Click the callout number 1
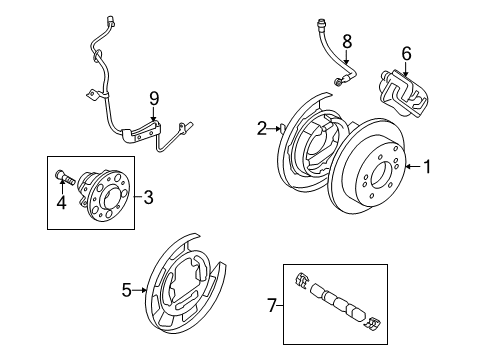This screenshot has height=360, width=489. [429, 168]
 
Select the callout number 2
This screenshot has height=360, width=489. [262, 127]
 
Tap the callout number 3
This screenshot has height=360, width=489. [148, 197]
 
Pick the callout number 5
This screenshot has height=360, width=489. [127, 290]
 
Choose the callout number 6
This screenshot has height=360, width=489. [406, 53]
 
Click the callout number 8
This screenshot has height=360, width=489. [346, 41]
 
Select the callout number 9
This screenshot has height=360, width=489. [153, 97]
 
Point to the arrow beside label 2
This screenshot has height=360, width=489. [277, 127]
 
